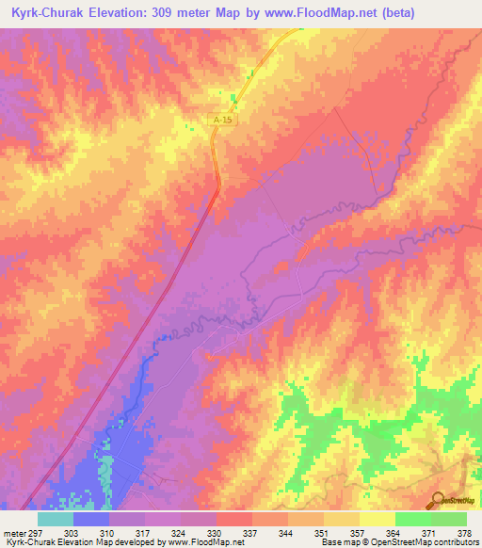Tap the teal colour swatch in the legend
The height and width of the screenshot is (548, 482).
55,518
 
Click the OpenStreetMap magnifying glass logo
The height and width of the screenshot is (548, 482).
436,499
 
